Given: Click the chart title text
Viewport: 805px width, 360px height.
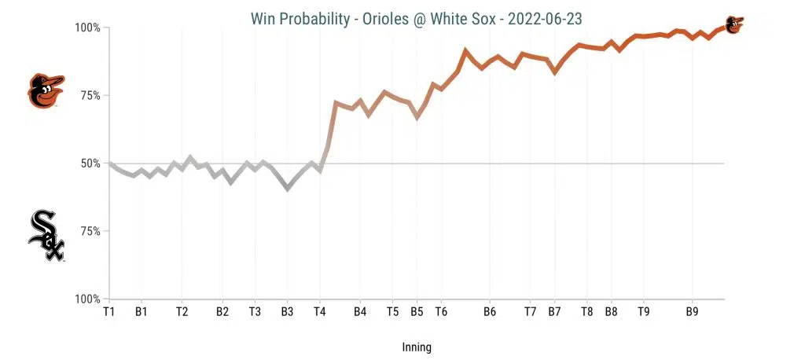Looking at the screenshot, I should pyautogui.click(x=416, y=17).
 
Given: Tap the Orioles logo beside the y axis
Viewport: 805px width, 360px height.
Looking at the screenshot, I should pyautogui.click(x=45, y=91).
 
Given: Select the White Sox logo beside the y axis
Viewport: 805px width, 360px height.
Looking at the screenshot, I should pyautogui.click(x=46, y=235).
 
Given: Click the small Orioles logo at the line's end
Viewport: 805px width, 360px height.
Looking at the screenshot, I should pyautogui.click(x=733, y=24).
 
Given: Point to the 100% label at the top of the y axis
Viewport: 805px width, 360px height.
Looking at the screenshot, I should pyautogui.click(x=87, y=28).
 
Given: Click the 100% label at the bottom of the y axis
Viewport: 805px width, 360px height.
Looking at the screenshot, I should pyautogui.click(x=87, y=299).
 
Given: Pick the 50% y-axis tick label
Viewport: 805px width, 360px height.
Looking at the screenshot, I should pyautogui.click(x=90, y=163).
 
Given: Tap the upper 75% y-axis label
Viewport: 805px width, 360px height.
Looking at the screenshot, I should pyautogui.click(x=90, y=96).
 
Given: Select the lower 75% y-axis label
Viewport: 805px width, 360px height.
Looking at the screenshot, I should pyautogui.click(x=90, y=232).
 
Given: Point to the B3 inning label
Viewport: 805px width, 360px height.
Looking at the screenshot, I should pyautogui.click(x=287, y=311).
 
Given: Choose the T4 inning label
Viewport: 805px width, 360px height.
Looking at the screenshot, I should pyautogui.click(x=319, y=311).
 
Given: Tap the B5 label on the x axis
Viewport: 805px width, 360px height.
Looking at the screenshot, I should pyautogui.click(x=417, y=311).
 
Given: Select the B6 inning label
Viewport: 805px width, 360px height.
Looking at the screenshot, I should pyautogui.click(x=489, y=311).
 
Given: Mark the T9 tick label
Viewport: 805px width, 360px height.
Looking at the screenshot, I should pyautogui.click(x=643, y=311).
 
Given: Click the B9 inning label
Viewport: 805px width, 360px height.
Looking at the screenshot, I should pyautogui.click(x=692, y=311).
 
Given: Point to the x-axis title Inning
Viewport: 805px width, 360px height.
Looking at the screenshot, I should pyautogui.click(x=416, y=347).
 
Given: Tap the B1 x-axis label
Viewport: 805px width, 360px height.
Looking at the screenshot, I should pyautogui.click(x=141, y=311).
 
